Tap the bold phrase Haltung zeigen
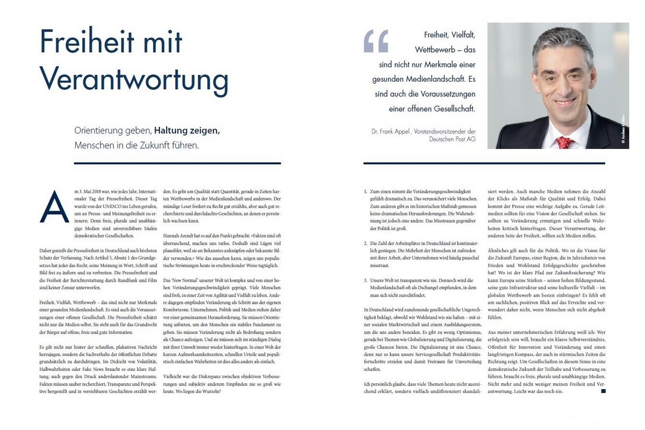coord(187,131)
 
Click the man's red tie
coord(564,142)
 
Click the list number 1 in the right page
coord(365,191)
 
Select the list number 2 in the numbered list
coord(365,243)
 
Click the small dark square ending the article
coord(603,391)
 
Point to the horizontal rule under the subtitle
coord(177,163)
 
